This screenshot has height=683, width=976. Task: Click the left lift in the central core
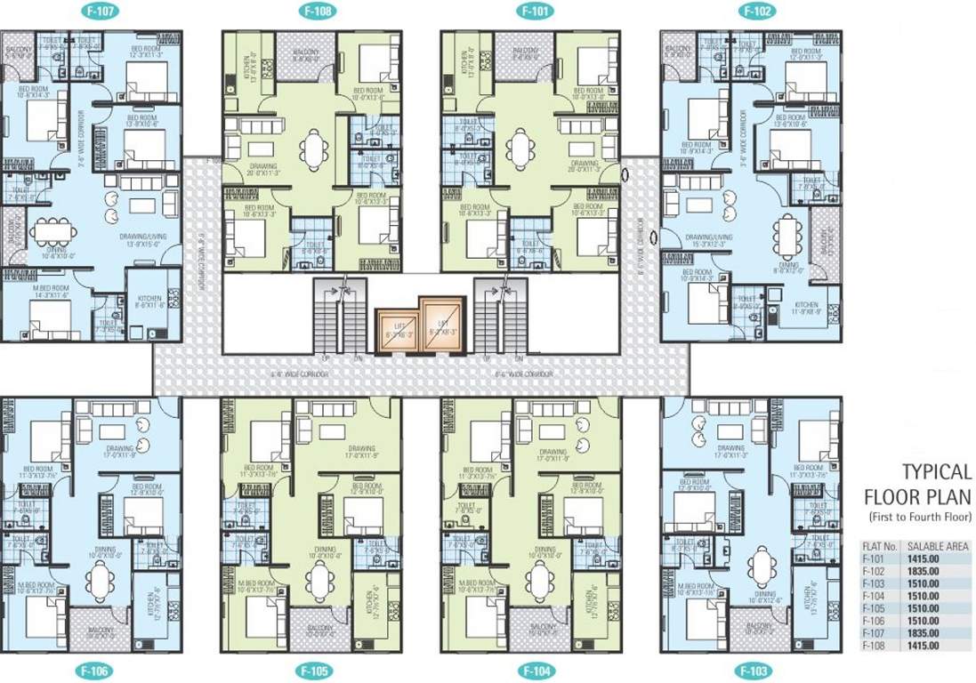[397, 329]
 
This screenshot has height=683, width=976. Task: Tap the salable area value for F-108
[922, 644]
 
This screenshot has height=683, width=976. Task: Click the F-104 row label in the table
[876, 594]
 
